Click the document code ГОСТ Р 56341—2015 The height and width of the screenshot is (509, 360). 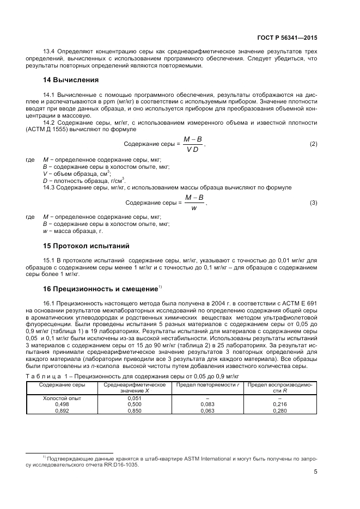[x=286, y=39]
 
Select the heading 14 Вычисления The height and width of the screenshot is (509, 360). [x=71, y=80]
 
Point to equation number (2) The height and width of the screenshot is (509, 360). [x=313, y=144]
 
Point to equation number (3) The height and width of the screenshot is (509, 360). [x=313, y=203]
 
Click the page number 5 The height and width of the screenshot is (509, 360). [x=315, y=471]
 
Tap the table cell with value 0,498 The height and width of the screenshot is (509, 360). [x=62, y=404]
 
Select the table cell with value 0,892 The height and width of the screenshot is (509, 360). [x=62, y=410]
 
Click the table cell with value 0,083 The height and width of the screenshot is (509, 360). [x=207, y=404]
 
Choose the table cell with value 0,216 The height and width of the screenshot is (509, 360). [x=280, y=404]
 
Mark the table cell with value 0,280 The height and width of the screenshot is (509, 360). [x=280, y=410]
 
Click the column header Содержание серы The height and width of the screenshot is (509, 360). [x=62, y=385]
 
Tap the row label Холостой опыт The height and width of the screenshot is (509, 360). [x=62, y=398]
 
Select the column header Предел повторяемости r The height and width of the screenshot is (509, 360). [x=207, y=385]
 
